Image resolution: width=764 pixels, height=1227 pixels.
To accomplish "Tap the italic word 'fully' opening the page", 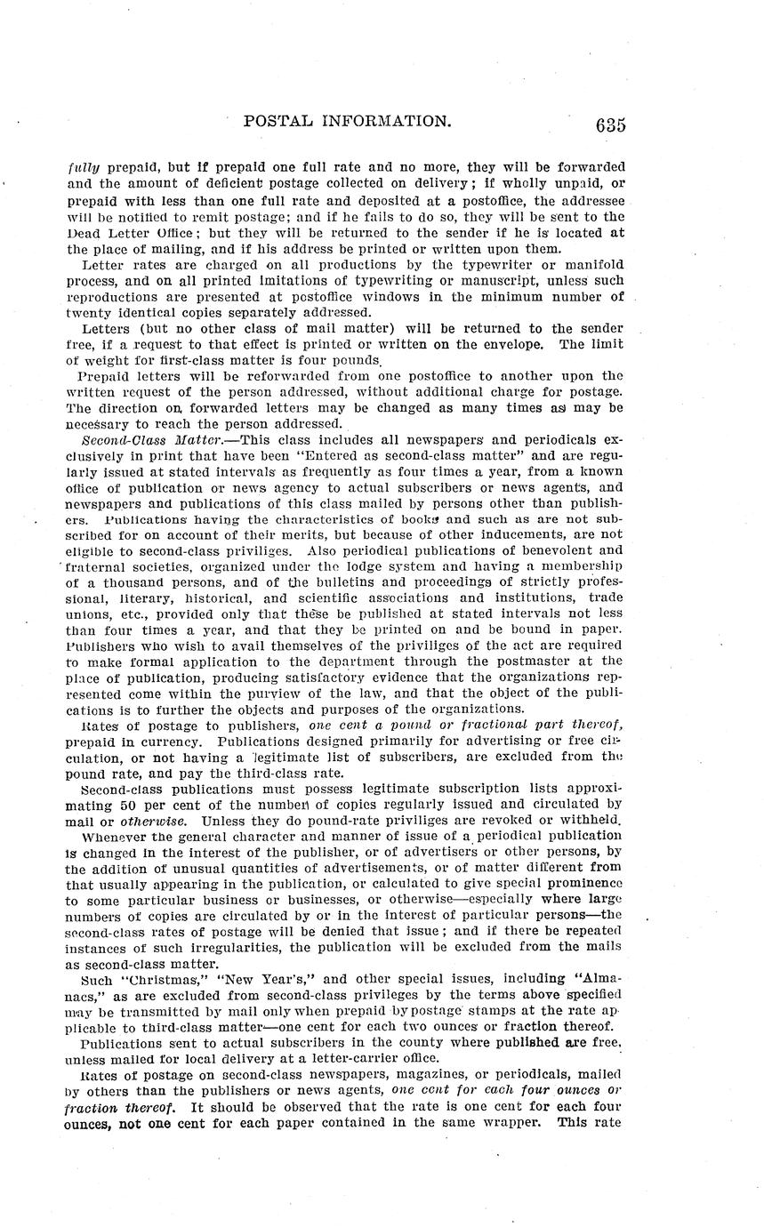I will click(x=82, y=166).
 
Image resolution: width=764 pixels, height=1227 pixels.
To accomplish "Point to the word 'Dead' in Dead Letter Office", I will click(x=82, y=231).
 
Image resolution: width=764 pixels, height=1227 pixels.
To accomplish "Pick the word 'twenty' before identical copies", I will click(x=88, y=313).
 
